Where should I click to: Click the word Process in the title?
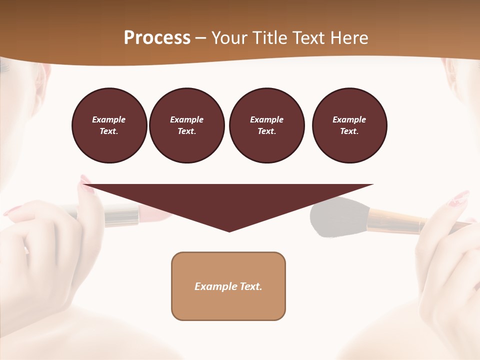click(157, 37)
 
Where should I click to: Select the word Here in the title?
click(349, 37)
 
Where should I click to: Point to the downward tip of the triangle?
click(229, 230)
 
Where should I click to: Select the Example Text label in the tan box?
click(228, 286)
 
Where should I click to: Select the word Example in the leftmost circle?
click(109, 119)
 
